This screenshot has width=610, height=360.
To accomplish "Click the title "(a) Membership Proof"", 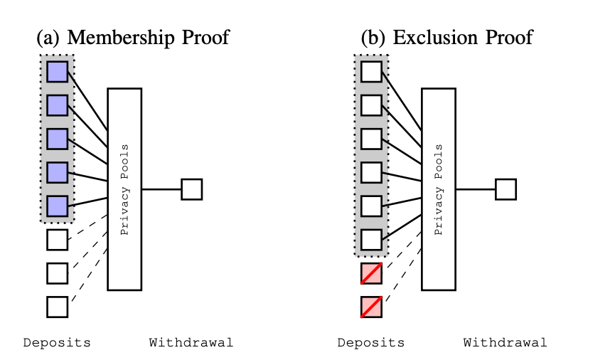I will (133, 36).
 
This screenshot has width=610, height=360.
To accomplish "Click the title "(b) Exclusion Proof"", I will (447, 36).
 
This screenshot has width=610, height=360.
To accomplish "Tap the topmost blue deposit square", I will (57, 72).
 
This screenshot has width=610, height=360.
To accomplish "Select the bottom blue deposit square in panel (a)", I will (57, 206).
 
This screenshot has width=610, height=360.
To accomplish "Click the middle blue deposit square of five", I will (57, 139).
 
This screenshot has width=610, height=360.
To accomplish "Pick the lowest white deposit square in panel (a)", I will (57, 307).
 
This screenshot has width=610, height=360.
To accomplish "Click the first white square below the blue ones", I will (57, 240).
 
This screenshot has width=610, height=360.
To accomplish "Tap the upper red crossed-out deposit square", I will (371, 273).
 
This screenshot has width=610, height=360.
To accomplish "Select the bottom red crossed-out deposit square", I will (371, 307).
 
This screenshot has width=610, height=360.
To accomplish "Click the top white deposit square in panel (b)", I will (371, 72).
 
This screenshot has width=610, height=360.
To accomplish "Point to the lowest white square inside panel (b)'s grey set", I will (371, 240).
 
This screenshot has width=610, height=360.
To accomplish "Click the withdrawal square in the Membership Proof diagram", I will (192, 189).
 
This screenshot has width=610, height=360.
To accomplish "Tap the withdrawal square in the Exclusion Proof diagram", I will (505, 189).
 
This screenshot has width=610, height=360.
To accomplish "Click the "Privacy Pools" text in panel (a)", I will (124, 189).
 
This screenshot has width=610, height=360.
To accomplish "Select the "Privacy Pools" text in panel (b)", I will (439, 189).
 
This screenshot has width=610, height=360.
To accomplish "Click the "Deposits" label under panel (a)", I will (57, 343).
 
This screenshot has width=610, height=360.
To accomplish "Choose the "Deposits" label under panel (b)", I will (371, 343).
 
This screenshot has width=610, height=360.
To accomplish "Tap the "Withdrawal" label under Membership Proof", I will (191, 343).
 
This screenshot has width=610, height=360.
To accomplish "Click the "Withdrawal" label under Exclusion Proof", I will (505, 343).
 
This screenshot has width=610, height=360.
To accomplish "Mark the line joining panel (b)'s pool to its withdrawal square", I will (475, 189).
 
